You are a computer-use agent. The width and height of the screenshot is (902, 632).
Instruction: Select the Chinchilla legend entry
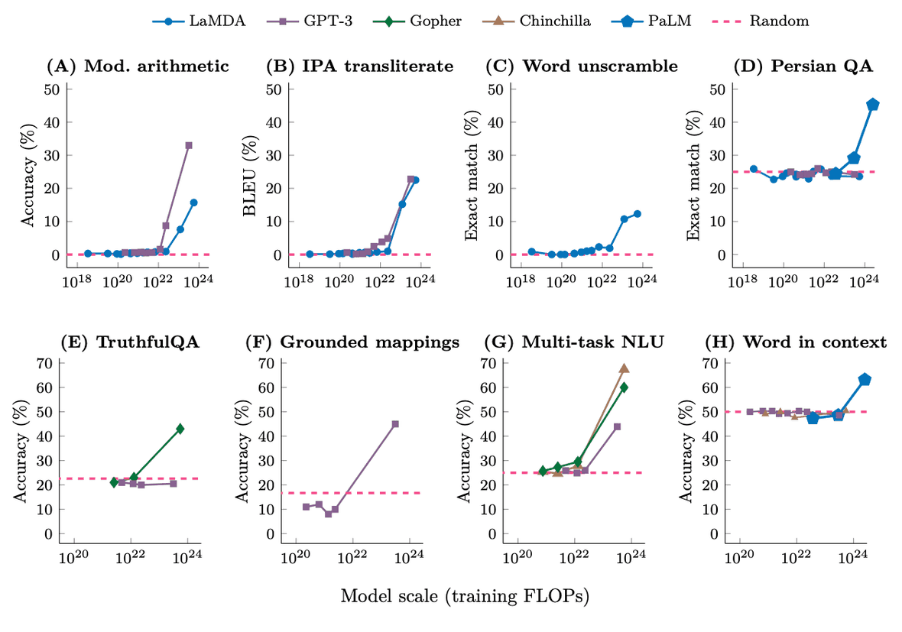(547, 21)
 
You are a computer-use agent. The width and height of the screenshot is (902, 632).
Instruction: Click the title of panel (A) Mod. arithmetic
(138, 66)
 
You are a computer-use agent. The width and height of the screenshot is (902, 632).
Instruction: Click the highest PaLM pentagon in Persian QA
(873, 105)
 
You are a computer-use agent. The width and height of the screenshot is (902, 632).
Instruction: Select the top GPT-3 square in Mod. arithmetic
(189, 145)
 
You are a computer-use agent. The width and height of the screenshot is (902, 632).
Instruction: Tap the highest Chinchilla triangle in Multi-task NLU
(624, 368)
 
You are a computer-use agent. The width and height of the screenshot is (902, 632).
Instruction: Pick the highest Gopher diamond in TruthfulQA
(180, 429)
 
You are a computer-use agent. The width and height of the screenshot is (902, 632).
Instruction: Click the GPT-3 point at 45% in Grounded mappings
(395, 424)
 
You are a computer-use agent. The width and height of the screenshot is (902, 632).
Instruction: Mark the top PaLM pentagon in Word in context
(865, 379)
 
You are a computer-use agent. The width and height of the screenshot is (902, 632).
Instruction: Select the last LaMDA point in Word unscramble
(637, 214)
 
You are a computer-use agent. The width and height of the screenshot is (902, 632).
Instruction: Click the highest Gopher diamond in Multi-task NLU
(624, 387)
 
